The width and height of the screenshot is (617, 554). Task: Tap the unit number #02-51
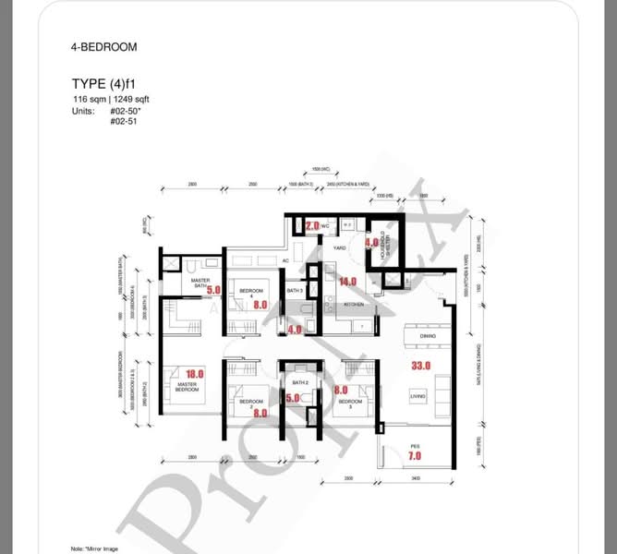point(126,121)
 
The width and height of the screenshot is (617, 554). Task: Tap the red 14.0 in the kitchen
point(348,282)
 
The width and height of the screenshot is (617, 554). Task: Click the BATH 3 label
point(295,292)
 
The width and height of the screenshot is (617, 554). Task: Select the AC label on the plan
point(286,261)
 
